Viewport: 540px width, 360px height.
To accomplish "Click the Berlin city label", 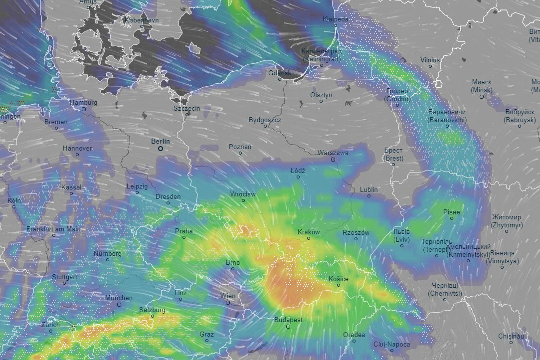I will (161, 141).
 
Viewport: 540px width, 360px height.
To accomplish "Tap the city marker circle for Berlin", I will (161, 149).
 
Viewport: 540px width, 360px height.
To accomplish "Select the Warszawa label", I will (333, 153).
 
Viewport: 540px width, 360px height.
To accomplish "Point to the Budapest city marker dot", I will (288, 327).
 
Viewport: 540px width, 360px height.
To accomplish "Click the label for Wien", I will (228, 296).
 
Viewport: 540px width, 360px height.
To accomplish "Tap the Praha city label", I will (183, 231).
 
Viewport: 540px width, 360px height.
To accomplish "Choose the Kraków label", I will (308, 232).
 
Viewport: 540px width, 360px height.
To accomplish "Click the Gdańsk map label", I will (279, 73).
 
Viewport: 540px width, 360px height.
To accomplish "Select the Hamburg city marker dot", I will (83, 109).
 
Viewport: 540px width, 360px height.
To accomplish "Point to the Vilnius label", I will (430, 60).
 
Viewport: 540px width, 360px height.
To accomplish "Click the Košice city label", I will (339, 279).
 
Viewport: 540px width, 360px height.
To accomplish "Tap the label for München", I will (119, 298).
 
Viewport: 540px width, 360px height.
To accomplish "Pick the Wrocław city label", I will (243, 194).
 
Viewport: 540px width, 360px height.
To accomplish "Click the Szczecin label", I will (187, 108).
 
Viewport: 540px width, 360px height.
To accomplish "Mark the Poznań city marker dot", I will (240, 153).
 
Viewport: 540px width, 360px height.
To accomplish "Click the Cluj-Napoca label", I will (392, 345).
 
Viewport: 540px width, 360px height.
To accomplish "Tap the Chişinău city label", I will (511, 337).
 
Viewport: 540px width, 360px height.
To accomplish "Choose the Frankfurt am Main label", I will (54, 229).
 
